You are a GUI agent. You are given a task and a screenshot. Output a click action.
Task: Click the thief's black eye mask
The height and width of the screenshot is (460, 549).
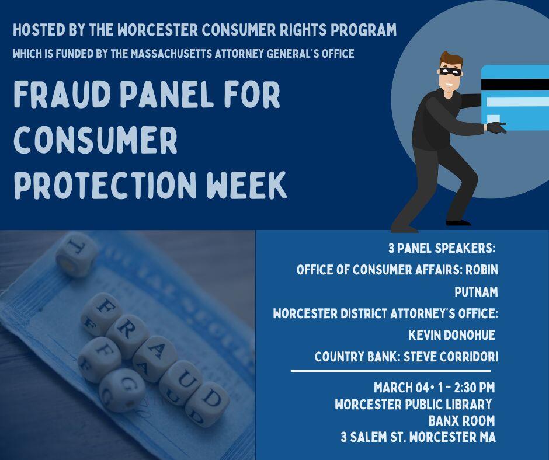click(450, 72)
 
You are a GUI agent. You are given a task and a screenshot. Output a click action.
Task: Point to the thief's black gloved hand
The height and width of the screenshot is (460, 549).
click(495, 127)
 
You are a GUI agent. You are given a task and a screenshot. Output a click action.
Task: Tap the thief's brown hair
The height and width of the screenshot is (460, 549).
click(451, 59)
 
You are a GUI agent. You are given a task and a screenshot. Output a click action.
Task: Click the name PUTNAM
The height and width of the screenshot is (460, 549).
click(475, 292)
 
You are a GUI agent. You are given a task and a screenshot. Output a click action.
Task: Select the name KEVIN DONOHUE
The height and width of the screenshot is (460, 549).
click(452, 335)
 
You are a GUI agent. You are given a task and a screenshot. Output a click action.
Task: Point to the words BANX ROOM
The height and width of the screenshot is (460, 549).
click(461, 420)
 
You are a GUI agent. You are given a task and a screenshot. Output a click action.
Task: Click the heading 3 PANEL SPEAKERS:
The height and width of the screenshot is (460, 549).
click(442, 248)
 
